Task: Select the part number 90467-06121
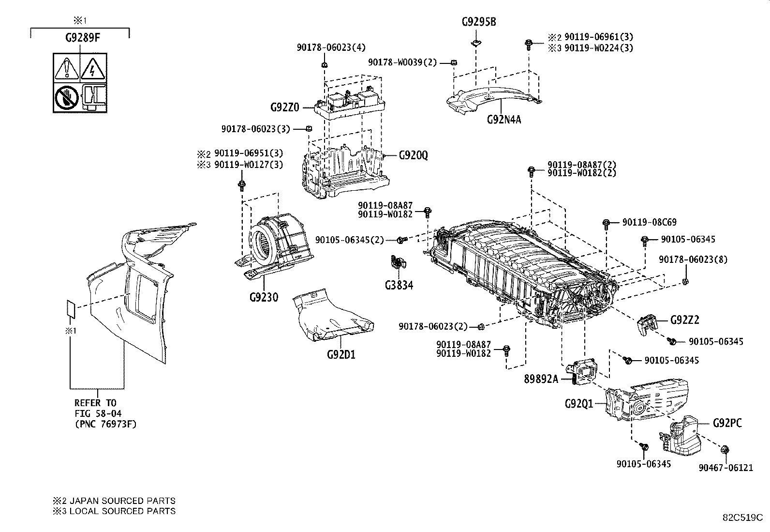click(x=726, y=468)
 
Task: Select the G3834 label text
click(x=399, y=285)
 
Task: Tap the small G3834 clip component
click(x=398, y=262)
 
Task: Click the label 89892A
click(x=541, y=379)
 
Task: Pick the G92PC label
click(x=727, y=423)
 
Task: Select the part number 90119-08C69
click(x=649, y=222)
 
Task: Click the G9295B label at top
click(x=478, y=22)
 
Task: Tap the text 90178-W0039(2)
click(x=402, y=62)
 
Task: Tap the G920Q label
click(x=414, y=155)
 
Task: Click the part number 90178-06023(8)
click(x=693, y=259)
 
